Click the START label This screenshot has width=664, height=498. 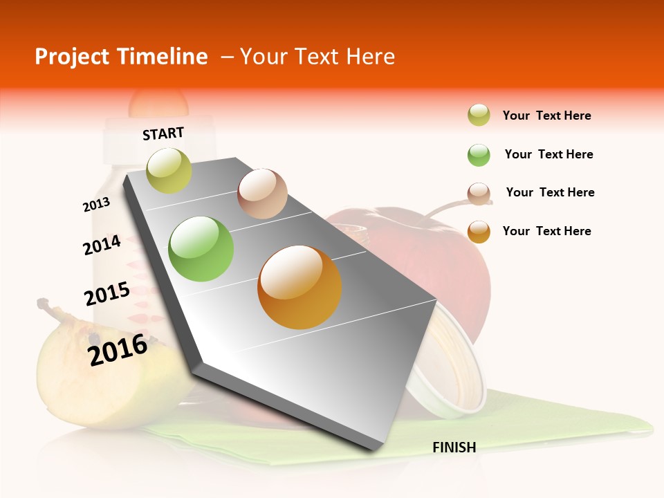163,133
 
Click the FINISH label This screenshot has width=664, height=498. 454,448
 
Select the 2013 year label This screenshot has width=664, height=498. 97,205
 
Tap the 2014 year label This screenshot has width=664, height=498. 102,245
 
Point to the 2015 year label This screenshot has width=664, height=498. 107,294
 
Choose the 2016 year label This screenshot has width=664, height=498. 118,350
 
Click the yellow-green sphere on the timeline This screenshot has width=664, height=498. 169,170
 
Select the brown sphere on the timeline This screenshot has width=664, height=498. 262,194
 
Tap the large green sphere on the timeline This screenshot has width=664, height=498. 201,249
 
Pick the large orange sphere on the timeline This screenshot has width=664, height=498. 299,287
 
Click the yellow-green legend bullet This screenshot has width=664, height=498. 479,116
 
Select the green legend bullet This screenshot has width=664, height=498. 479,155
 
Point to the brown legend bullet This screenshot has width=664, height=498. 479,194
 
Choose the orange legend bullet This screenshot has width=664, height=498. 479,232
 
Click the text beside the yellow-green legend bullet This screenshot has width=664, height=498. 546,116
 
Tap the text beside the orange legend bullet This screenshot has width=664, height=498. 546,231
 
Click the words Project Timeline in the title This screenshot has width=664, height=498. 121,57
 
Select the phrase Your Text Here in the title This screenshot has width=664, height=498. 317,57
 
